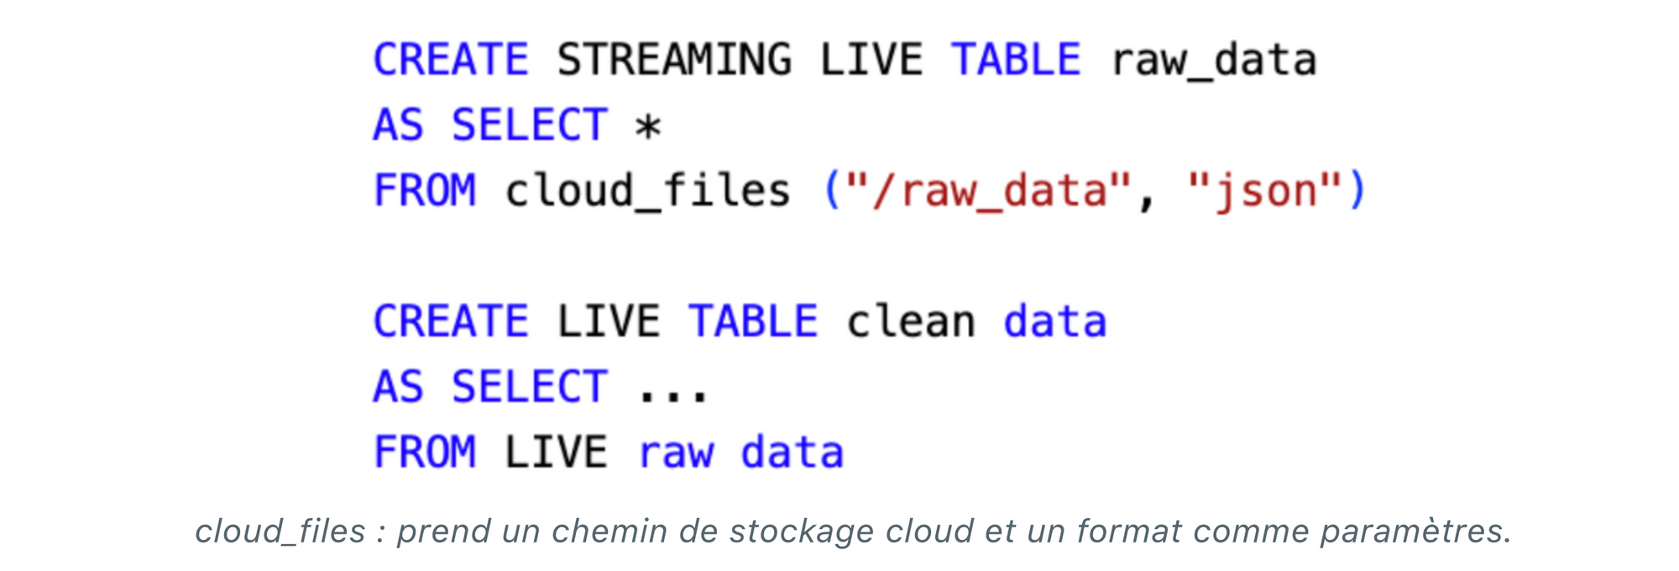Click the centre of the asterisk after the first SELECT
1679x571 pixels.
click(x=648, y=128)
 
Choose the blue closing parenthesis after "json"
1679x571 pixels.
click(x=1357, y=191)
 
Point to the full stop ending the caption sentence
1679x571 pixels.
click(x=1507, y=541)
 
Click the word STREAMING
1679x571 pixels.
click(x=674, y=60)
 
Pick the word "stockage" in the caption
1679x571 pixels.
click(x=801, y=532)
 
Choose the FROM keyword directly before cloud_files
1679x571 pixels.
click(x=425, y=191)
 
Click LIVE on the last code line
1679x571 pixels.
click(x=556, y=453)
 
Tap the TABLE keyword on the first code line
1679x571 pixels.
click(x=1016, y=60)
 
